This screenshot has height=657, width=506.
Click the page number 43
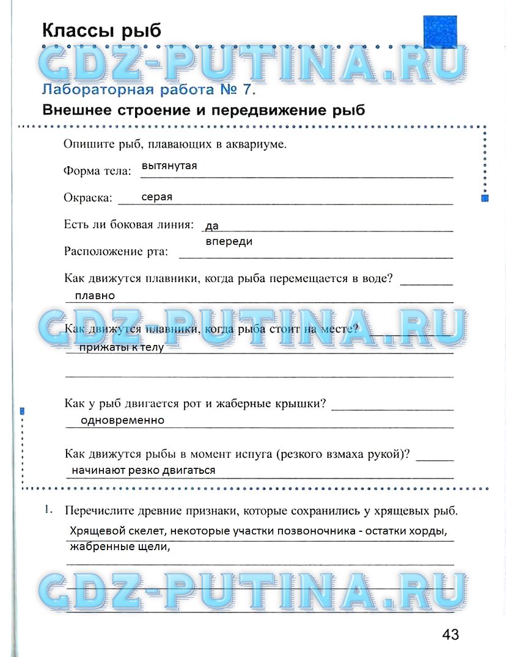[x=450, y=634]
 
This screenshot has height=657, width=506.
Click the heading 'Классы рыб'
[x=101, y=30]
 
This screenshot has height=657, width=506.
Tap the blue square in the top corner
[x=440, y=32]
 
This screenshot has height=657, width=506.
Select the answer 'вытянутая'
[x=169, y=165]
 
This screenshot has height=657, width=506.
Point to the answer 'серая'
[x=156, y=197]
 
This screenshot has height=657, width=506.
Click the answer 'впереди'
[x=229, y=242]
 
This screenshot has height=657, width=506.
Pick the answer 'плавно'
[x=95, y=296]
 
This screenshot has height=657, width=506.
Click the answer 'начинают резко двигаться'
[x=144, y=470]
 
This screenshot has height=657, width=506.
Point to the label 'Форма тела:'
[x=97, y=171]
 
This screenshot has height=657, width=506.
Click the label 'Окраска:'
[x=88, y=198]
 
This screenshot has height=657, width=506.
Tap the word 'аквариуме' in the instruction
[x=257, y=145]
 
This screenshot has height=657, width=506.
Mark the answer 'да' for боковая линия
[x=211, y=226]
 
